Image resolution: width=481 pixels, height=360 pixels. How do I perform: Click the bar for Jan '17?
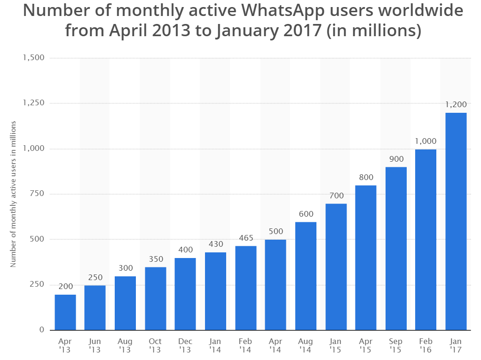coord(456,221)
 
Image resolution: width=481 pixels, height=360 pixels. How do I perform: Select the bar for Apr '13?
coord(65,312)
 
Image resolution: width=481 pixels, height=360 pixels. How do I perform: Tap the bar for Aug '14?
coord(306,276)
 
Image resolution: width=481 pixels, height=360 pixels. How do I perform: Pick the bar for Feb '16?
coord(426,240)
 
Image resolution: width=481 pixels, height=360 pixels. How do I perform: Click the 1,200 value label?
coord(456,104)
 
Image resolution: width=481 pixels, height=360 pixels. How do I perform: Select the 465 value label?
coord(245,238)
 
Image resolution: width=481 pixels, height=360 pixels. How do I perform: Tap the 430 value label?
coord(215,244)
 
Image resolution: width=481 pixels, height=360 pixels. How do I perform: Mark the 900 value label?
coord(395,159)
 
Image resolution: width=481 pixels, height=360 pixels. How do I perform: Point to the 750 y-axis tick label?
coord(37,194)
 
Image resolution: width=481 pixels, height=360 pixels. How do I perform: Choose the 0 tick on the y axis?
coord(41,329)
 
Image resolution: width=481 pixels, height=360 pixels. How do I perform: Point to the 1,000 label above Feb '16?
coord(426,141)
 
